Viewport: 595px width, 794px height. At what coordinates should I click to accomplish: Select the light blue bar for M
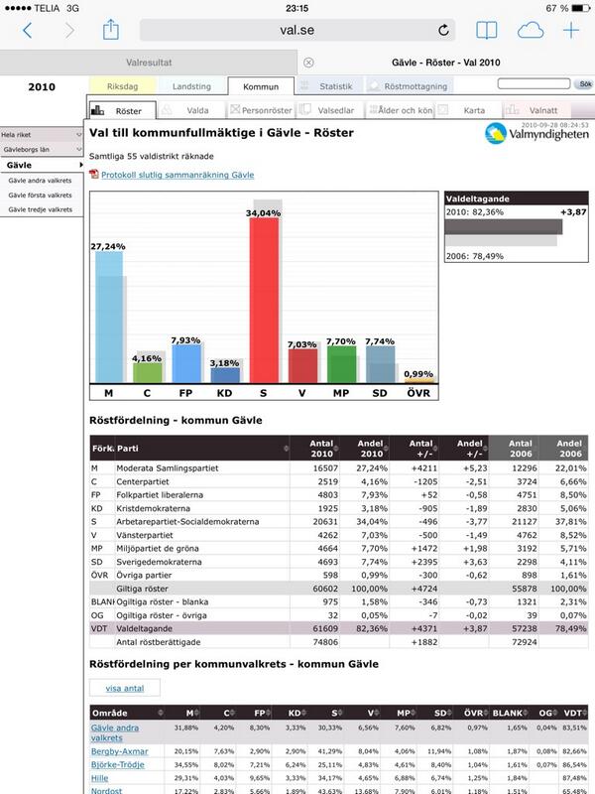[108, 318]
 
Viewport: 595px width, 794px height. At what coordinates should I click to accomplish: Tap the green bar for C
[148, 371]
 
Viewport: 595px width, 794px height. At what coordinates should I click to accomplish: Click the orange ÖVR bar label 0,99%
[419, 374]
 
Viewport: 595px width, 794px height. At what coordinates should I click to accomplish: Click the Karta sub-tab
[466, 111]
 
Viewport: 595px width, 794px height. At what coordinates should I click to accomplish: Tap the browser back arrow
[27, 30]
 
